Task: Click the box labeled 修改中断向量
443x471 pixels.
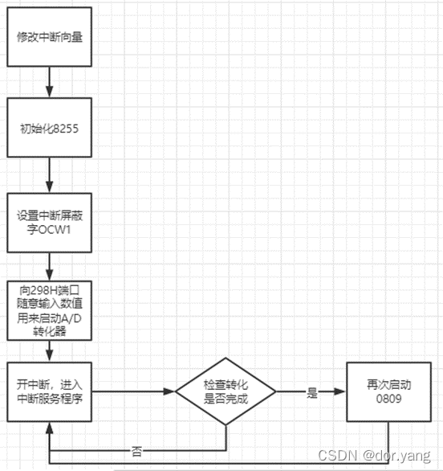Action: (x=49, y=37)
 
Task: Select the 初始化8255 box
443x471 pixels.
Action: (x=49, y=128)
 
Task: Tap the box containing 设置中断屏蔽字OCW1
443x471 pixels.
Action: (x=49, y=223)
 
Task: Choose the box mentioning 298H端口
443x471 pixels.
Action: (x=49, y=309)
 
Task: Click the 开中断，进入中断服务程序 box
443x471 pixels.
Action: (x=49, y=391)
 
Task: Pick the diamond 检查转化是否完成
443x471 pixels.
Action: (x=226, y=392)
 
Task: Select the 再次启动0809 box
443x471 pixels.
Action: (x=388, y=391)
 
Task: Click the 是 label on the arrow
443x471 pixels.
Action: (x=311, y=393)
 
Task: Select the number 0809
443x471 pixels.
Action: (x=388, y=398)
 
